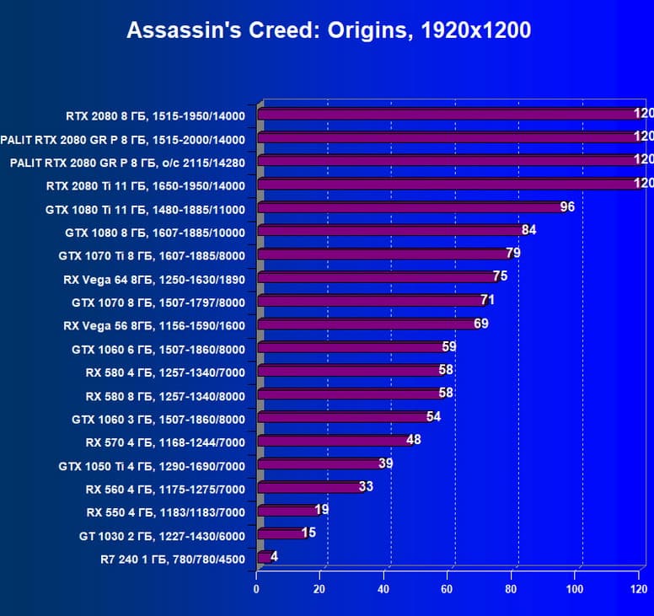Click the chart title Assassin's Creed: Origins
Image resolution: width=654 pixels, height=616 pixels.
pyautogui.click(x=329, y=31)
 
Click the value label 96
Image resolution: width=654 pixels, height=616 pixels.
pyautogui.click(x=566, y=206)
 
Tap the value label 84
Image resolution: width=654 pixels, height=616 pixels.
pyautogui.click(x=528, y=230)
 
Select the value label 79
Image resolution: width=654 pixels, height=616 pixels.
pyautogui.click(x=512, y=253)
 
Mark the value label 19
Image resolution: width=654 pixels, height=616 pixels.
pyautogui.click(x=321, y=510)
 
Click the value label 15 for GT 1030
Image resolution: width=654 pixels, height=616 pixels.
pyautogui.click(x=308, y=533)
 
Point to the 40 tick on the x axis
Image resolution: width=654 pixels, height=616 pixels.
pyautogui.click(x=383, y=590)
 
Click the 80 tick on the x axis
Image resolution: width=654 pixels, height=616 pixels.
pyautogui.click(x=512, y=590)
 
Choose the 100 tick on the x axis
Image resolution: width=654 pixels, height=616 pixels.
pyautogui.click(x=576, y=590)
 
